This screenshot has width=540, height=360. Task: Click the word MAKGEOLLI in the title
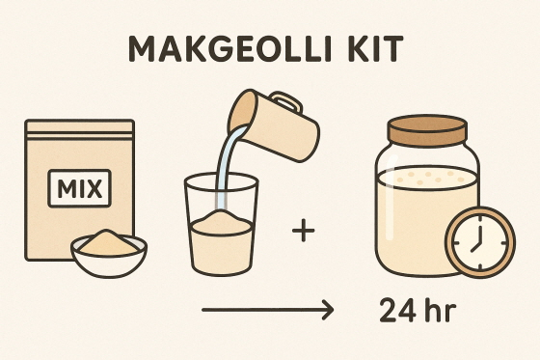click(229, 48)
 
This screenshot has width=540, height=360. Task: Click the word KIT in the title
click(374, 48)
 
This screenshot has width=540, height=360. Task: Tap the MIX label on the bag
click(79, 188)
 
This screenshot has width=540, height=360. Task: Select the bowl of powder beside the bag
click(109, 253)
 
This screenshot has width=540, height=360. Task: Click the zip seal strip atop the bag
click(79, 135)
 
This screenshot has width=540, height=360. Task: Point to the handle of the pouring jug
click(285, 101)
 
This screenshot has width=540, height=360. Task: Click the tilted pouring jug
click(274, 125)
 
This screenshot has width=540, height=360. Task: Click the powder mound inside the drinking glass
click(221, 221)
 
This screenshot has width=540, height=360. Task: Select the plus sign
click(304, 230)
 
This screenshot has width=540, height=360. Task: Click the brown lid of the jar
click(427, 130)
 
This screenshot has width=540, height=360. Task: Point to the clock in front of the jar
click(480, 242)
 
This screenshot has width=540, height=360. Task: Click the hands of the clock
click(478, 239)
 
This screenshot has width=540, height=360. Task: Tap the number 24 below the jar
click(396, 311)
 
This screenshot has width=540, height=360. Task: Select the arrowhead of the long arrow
click(328, 310)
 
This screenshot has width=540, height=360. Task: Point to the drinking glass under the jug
click(221, 224)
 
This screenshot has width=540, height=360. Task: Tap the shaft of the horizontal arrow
click(266, 310)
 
